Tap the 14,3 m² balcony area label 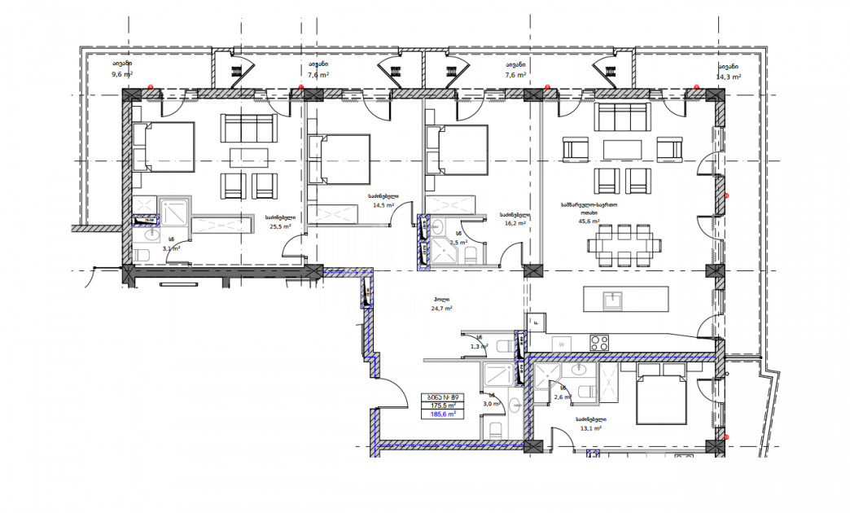click(728, 77)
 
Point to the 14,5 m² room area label click(383, 206)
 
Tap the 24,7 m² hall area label click(442, 309)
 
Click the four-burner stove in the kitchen click(600, 343)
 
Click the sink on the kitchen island click(612, 299)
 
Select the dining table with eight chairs click(624, 243)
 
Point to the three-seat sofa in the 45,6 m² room click(622, 116)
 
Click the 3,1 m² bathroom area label click(171, 248)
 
